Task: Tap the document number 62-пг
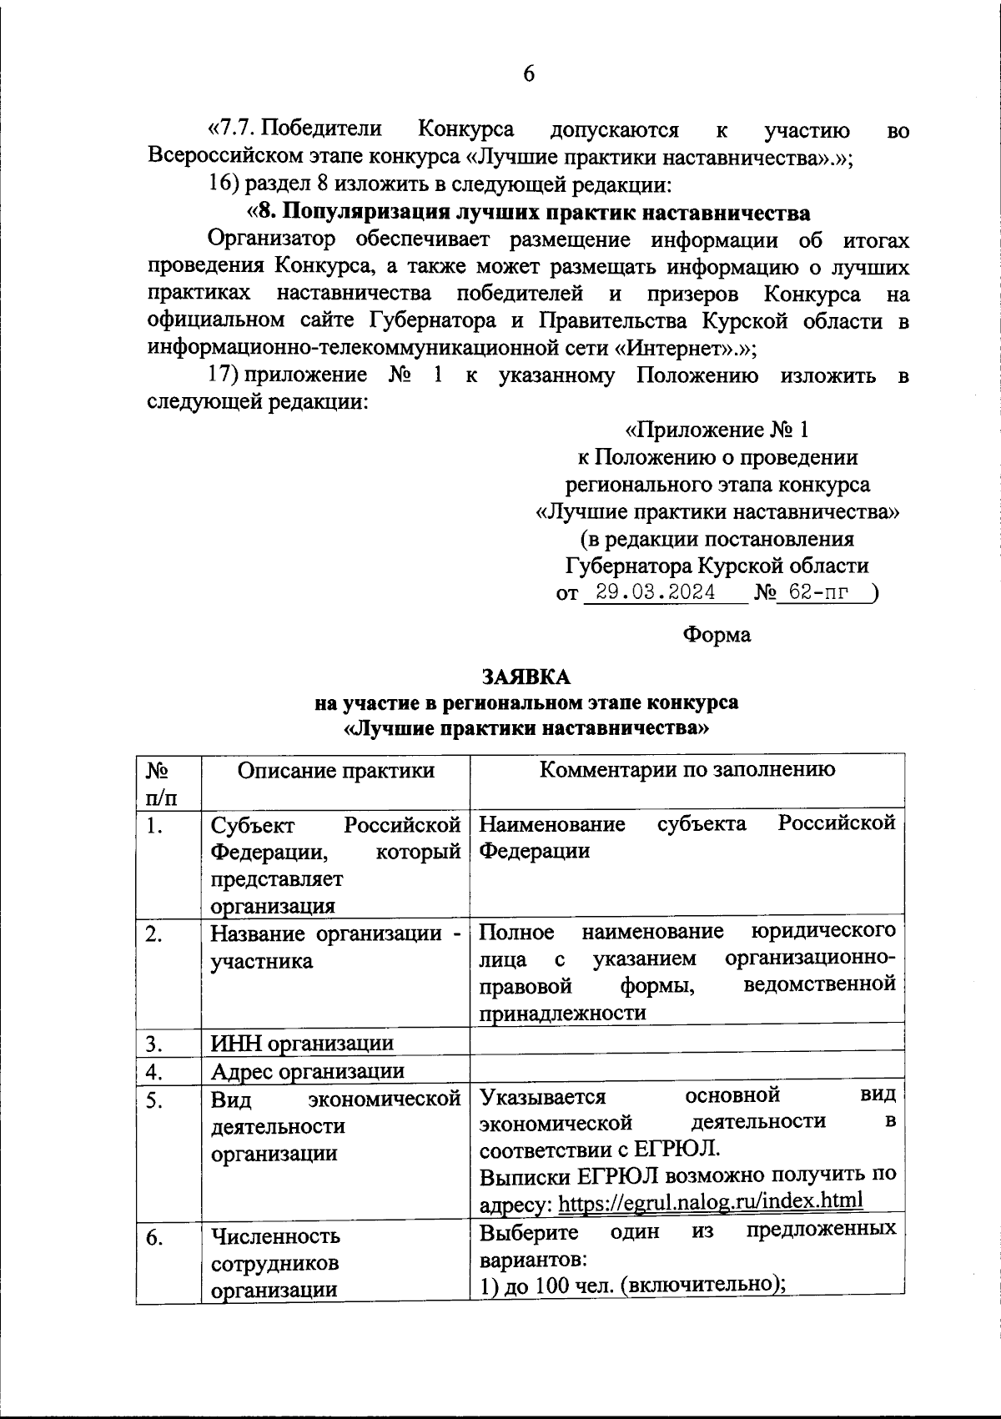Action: click(821, 593)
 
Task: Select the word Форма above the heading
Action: click(717, 635)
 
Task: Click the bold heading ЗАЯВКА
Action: click(526, 676)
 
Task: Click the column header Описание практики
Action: click(335, 769)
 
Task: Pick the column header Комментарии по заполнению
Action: click(687, 769)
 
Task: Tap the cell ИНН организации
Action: click(302, 1043)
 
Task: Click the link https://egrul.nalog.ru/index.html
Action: click(710, 1201)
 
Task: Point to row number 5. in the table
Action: click(153, 1100)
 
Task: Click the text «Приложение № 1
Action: click(717, 430)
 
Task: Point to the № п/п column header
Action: click(162, 782)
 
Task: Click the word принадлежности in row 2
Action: click(563, 1013)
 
